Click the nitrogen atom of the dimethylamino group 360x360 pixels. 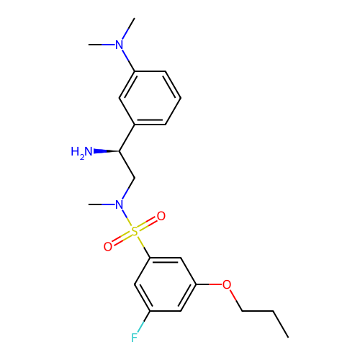point(120,45)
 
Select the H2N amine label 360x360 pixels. point(81,152)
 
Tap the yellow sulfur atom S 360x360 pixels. point(135,232)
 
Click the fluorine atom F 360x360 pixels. point(135,338)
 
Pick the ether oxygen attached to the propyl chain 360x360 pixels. point(227,284)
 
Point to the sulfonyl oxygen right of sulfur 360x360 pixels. point(161,216)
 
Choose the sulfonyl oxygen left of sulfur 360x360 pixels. point(108,247)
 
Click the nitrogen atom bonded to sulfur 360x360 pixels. point(120,204)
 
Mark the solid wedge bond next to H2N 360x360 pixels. point(107,151)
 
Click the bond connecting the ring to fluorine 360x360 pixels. point(144,322)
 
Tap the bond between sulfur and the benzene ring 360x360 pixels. point(144,247)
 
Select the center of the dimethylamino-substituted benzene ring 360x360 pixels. point(150,98)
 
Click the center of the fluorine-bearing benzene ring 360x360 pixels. point(166,284)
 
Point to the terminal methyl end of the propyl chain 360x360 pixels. point(288,338)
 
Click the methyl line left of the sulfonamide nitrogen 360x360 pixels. point(102,204)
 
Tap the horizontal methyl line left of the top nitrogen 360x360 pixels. point(102,45)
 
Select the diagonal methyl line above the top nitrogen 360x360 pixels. point(128,29)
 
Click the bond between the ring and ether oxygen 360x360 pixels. point(210,284)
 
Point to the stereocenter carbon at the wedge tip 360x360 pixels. point(120,151)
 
